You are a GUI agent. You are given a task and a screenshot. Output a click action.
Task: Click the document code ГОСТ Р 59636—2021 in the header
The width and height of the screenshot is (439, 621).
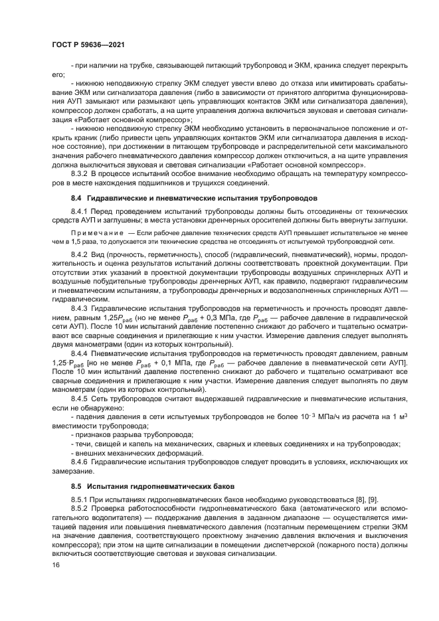[88, 44]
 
